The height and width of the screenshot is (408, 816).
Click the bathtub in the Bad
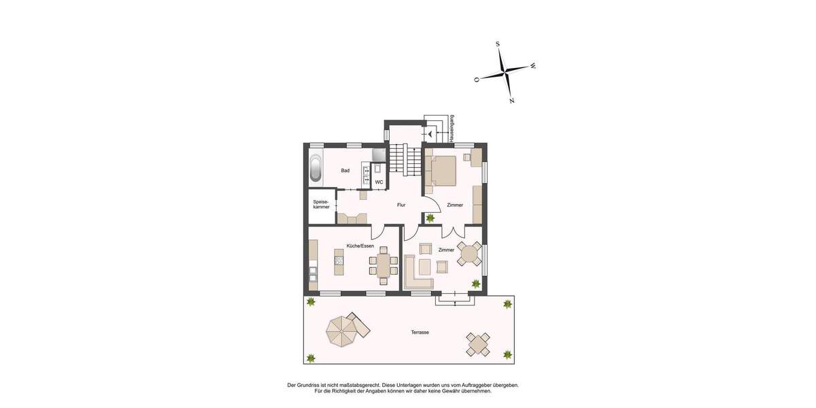(316, 169)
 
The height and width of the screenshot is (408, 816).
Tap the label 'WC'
(379, 182)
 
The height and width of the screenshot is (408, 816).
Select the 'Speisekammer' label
(321, 204)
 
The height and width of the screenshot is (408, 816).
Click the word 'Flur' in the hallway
(401, 205)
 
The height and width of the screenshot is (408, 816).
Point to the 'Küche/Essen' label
(360, 246)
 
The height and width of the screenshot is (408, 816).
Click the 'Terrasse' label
(420, 333)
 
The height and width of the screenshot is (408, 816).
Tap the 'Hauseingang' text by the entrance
(452, 128)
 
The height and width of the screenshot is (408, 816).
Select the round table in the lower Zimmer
(469, 254)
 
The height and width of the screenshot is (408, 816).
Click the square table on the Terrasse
(477, 344)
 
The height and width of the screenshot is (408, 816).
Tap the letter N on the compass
(511, 101)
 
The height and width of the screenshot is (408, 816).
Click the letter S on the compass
(498, 44)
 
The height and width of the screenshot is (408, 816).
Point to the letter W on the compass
(532, 66)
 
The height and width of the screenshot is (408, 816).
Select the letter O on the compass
(476, 80)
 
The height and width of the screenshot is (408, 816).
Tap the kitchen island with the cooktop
(338, 258)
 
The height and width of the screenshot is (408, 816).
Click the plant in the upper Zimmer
(430, 218)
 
